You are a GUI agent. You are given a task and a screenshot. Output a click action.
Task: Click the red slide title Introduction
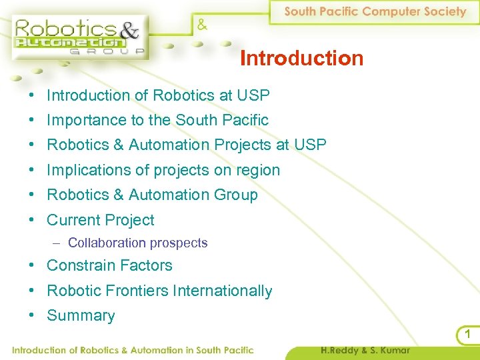coord(301,59)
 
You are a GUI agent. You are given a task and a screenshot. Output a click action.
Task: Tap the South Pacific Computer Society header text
coord(375,11)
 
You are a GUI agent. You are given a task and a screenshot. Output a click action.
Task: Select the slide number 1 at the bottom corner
coord(469,334)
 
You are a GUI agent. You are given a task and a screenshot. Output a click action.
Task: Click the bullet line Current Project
coord(100,220)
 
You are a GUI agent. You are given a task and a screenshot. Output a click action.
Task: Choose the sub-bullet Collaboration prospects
coord(137,243)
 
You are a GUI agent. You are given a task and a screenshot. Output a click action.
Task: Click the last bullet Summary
coord(81,316)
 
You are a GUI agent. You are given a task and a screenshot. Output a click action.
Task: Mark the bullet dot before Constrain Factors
coord(32,265)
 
